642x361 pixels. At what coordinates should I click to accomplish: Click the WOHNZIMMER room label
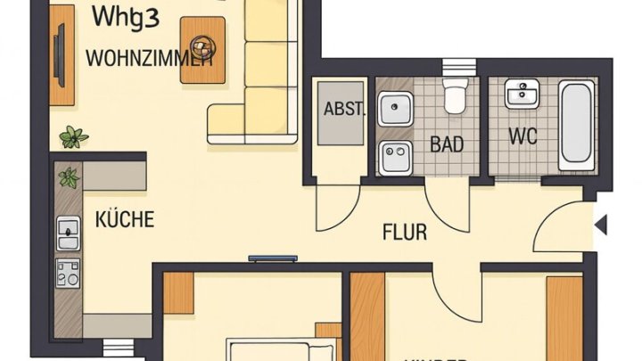(149, 59)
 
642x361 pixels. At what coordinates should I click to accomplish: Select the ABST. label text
(343, 111)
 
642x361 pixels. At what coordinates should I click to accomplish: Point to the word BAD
(447, 144)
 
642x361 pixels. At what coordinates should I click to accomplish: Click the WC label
(522, 137)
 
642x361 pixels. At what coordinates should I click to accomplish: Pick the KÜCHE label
(125, 218)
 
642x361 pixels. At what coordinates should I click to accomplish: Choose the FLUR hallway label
(405, 234)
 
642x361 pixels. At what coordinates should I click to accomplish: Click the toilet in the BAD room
(456, 97)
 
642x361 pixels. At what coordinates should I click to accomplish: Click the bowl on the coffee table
(202, 47)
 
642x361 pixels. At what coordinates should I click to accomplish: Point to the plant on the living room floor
(73, 136)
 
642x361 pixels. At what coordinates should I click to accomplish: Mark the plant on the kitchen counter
(69, 177)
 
